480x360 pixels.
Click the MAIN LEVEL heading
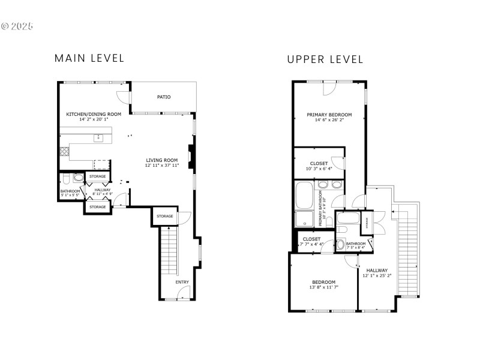point(89,58)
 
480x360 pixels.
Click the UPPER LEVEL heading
point(325,59)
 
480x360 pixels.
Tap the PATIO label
point(164,97)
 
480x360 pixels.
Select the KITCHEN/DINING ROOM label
point(94,114)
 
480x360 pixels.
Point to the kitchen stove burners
point(64,151)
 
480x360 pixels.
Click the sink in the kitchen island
point(98,138)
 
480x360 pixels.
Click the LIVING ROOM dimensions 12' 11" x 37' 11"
point(163,165)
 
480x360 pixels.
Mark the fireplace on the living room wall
point(191,154)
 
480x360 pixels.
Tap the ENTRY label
point(182,281)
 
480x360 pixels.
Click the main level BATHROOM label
point(70,191)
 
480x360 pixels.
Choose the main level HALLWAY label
point(102,190)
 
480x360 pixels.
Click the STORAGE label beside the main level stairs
point(165,216)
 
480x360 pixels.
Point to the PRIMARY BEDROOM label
point(329,115)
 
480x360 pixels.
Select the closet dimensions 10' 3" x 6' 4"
point(319,169)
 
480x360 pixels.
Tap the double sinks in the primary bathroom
point(328,185)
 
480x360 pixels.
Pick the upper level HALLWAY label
point(377,270)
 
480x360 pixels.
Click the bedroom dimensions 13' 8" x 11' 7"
point(323,287)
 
